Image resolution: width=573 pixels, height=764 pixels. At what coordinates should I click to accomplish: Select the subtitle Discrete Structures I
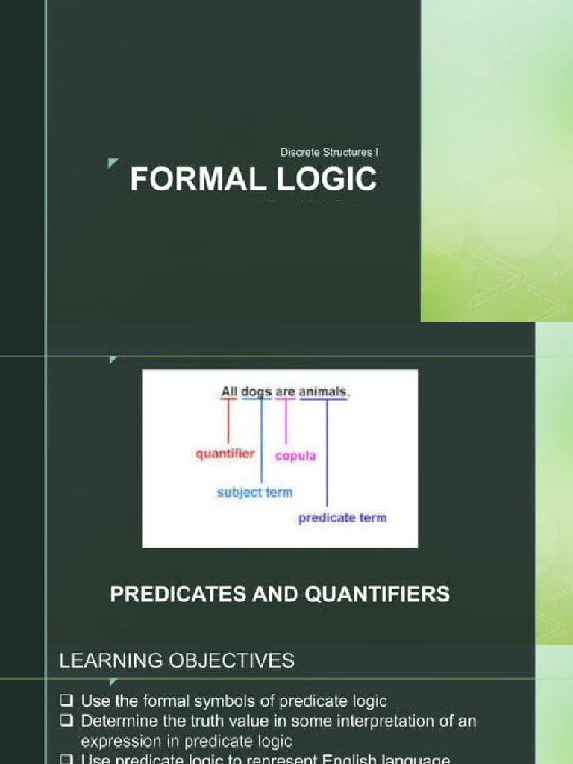(x=330, y=152)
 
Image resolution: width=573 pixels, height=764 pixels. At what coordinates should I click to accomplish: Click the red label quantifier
(x=225, y=453)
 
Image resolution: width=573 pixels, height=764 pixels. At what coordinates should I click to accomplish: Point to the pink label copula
(x=296, y=455)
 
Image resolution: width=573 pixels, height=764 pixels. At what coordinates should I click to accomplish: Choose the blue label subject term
(x=254, y=492)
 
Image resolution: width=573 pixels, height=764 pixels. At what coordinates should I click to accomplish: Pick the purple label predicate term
(x=342, y=517)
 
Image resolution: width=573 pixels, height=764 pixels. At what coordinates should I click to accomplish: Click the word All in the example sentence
(x=229, y=390)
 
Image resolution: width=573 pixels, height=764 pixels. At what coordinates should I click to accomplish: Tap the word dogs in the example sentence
(x=257, y=390)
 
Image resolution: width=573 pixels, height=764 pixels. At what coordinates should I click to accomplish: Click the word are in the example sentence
(x=286, y=390)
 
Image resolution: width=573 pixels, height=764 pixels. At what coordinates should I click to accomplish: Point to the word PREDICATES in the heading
(x=177, y=594)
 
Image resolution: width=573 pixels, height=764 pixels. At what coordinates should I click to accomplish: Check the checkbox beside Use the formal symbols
(x=66, y=701)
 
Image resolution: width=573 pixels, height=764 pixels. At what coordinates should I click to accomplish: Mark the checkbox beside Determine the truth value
(x=66, y=722)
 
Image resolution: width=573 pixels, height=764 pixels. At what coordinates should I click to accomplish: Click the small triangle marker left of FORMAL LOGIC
(x=112, y=163)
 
